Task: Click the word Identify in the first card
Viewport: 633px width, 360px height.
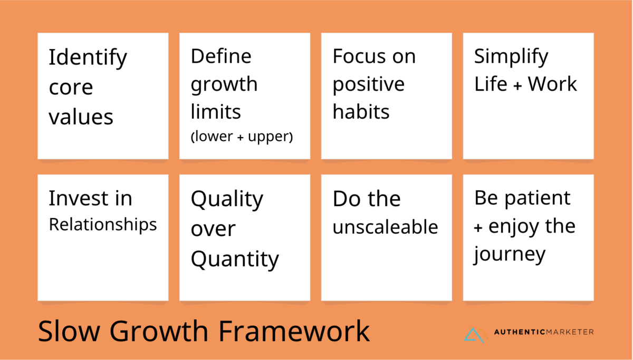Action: click(x=88, y=58)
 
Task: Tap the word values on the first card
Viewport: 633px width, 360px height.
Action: click(x=81, y=117)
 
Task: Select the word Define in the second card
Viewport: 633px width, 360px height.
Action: click(x=221, y=56)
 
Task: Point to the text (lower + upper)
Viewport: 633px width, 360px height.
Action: click(x=242, y=137)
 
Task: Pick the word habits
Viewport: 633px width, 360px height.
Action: click(x=361, y=112)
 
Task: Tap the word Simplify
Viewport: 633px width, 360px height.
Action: click(x=511, y=57)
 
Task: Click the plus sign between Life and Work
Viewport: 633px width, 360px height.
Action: click(x=517, y=85)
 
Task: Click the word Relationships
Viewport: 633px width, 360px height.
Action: click(x=103, y=225)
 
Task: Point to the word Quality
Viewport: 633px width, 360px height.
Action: click(x=227, y=200)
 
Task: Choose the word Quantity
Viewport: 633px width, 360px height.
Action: click(x=235, y=260)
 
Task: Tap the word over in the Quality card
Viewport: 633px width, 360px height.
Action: click(x=213, y=229)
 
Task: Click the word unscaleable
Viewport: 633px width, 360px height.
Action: click(x=386, y=227)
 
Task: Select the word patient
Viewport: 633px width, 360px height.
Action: click(x=538, y=199)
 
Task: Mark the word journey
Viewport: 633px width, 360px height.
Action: click(x=510, y=255)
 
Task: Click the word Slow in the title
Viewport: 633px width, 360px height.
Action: click(x=69, y=331)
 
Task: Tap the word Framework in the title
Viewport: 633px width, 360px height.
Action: click(x=294, y=331)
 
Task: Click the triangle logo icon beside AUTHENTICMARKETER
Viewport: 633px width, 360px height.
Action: click(x=476, y=335)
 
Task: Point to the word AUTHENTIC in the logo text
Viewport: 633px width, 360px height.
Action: click(x=520, y=332)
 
